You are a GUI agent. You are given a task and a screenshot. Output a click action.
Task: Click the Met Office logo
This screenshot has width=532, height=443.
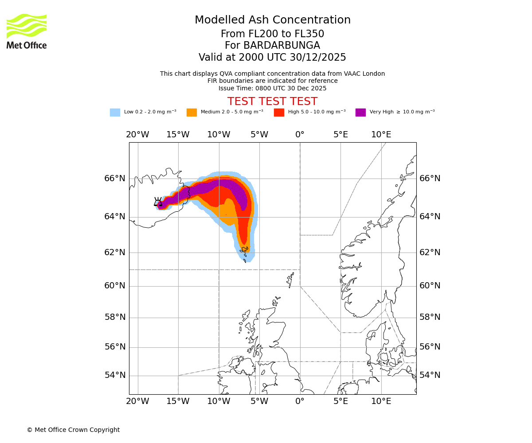pyautogui.click(x=27, y=31)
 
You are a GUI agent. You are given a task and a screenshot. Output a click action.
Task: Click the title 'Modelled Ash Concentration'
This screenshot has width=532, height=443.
pyautogui.click(x=272, y=20)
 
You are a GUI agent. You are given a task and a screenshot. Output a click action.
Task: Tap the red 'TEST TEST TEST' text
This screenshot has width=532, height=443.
pyautogui.click(x=272, y=101)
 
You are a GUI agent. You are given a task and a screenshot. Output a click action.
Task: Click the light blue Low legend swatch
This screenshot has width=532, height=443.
pyautogui.click(x=115, y=113)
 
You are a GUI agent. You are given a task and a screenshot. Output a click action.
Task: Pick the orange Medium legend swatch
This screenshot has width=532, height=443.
pyautogui.click(x=192, y=113)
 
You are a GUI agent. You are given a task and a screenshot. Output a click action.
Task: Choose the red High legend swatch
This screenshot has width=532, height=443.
pyautogui.click(x=279, y=113)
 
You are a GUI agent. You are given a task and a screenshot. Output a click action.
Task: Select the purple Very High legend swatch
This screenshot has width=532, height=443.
pyautogui.click(x=360, y=113)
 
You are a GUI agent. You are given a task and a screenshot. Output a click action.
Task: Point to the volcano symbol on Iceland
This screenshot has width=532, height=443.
pyautogui.click(x=158, y=202)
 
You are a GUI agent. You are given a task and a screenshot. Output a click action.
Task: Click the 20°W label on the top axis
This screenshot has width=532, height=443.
pyautogui.click(x=137, y=135)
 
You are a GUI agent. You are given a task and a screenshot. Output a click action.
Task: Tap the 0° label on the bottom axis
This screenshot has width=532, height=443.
pyautogui.click(x=300, y=401)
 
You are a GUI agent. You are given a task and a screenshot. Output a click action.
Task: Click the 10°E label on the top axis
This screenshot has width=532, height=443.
pyautogui.click(x=381, y=135)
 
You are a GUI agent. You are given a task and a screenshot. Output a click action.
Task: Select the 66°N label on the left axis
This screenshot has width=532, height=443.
pyautogui.click(x=115, y=179)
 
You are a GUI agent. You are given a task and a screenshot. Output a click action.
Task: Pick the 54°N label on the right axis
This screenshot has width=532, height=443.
pyautogui.click(x=430, y=375)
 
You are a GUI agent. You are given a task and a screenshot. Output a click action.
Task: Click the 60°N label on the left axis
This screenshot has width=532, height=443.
pyautogui.click(x=115, y=286)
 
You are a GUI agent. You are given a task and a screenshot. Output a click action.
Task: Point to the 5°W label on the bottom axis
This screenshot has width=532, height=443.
pyautogui.click(x=259, y=401)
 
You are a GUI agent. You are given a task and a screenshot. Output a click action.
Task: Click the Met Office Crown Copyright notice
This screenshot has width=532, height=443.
pyautogui.click(x=73, y=430)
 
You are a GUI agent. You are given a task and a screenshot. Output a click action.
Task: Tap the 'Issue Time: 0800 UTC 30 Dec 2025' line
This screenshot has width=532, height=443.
pyautogui.click(x=272, y=88)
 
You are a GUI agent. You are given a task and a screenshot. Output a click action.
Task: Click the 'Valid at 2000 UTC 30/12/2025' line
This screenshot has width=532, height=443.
pyautogui.click(x=272, y=58)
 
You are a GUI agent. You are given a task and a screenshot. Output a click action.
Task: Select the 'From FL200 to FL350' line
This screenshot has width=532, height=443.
pyautogui.click(x=272, y=34)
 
